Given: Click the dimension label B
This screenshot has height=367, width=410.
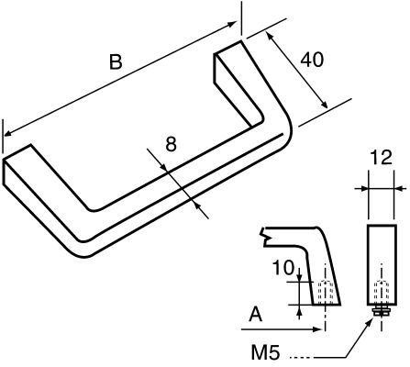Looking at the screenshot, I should (x=116, y=62).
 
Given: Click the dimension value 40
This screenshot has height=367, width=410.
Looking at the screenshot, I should (x=312, y=61).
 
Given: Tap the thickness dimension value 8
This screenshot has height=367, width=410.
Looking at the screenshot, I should (x=171, y=143).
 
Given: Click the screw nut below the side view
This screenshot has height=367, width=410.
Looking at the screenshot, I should (x=379, y=312).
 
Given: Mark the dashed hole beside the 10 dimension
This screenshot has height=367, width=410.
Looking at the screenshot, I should (x=324, y=293).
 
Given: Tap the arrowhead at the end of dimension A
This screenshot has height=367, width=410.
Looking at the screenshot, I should (x=320, y=328).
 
